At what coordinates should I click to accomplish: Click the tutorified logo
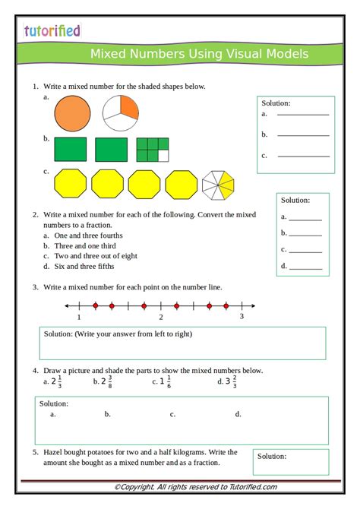[52, 30]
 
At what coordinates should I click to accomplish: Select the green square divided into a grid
[152, 150]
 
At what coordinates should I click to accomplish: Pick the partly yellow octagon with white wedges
[218, 185]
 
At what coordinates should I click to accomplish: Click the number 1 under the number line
[79, 317]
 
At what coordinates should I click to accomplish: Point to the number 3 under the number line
[242, 316]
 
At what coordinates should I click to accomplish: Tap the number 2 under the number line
[160, 317]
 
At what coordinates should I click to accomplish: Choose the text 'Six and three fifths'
[85, 267]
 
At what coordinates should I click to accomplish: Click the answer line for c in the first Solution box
[303, 156]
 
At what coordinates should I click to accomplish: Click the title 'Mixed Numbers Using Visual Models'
[199, 54]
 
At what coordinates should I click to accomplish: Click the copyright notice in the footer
[195, 487]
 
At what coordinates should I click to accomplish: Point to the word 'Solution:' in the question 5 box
[271, 457]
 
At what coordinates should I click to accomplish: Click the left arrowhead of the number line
[68, 306]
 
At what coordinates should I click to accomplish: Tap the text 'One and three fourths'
[87, 236]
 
